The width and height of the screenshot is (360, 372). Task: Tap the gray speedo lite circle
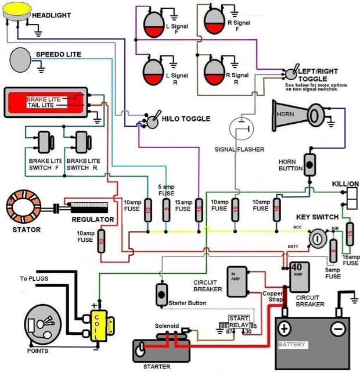[22, 59]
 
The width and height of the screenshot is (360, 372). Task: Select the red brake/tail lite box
[46, 103]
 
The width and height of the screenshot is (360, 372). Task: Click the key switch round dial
[317, 238]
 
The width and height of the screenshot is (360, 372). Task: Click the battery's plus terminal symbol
[285, 329]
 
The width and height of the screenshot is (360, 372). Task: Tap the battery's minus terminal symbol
[339, 329]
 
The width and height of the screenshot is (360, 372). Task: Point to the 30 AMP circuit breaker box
[237, 281]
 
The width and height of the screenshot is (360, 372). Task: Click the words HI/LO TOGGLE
[186, 119]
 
